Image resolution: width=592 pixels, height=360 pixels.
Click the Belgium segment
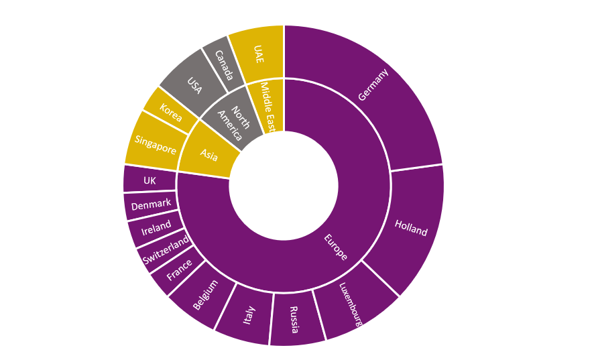pyautogui.click(x=204, y=295)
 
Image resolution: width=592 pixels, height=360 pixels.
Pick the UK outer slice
pyautogui.click(x=149, y=180)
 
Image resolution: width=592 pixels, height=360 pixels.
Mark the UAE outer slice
pyautogui.click(x=258, y=53)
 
